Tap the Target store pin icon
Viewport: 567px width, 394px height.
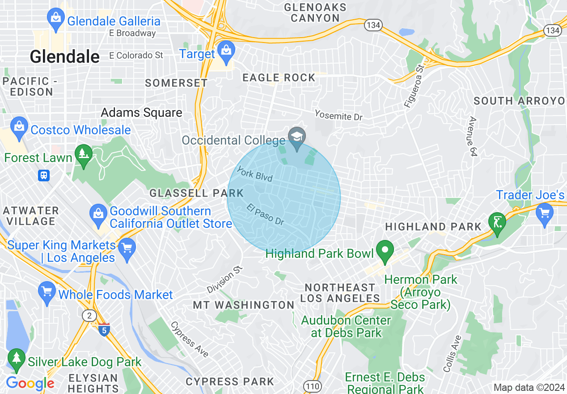227,52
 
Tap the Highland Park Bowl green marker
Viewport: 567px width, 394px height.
385,251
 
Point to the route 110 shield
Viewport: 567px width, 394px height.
312,385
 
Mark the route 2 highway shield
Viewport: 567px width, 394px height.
89,316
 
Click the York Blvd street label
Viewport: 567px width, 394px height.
254,174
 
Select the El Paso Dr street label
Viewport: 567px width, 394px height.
265,214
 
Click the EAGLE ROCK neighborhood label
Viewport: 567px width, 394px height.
279,77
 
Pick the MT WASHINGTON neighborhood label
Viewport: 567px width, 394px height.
244,305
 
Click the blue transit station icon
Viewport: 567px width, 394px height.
44,175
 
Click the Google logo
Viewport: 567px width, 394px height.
30,383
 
